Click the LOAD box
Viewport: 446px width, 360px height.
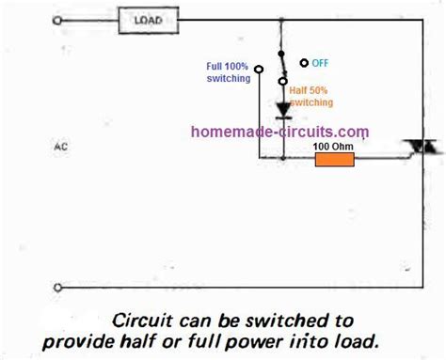pyautogui.click(x=146, y=20)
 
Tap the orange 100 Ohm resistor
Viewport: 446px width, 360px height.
pyautogui.click(x=333, y=161)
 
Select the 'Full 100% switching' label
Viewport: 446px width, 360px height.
pyautogui.click(x=227, y=72)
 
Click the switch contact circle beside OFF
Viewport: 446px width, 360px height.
pyautogui.click(x=304, y=63)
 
